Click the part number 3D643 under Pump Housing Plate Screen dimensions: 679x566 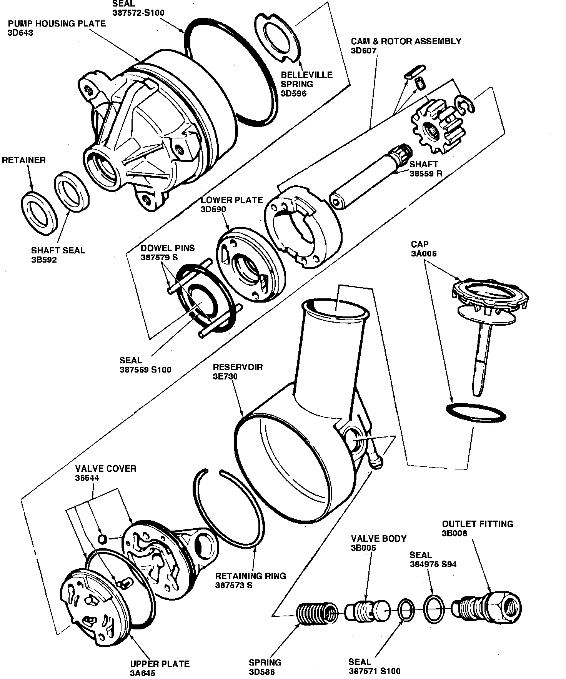pyautogui.click(x=20, y=33)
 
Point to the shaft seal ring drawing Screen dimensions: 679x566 pyautogui.click(x=72, y=191)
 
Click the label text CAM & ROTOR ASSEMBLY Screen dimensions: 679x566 pyautogui.click(x=406, y=41)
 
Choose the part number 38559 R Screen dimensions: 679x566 pyautogui.click(x=426, y=173)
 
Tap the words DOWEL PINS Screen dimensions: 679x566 pyautogui.click(x=168, y=248)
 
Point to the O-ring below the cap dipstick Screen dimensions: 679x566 pyautogui.click(x=476, y=413)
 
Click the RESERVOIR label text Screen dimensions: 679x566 pyautogui.click(x=238, y=367)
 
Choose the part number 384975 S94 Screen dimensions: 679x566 pyautogui.click(x=433, y=564)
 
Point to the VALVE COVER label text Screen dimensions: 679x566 pyautogui.click(x=106, y=469)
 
